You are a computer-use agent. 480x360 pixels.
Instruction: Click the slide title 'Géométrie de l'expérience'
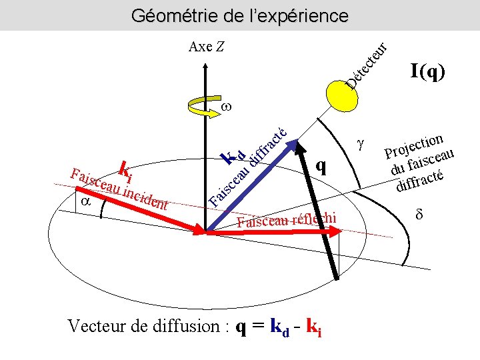click(x=239, y=15)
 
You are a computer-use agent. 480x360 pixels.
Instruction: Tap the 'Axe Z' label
click(x=207, y=47)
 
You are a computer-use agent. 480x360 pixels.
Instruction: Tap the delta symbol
click(x=419, y=217)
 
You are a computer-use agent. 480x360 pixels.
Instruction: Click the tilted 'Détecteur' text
click(x=366, y=67)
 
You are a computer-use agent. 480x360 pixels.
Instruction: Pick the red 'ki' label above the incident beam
click(x=125, y=169)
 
